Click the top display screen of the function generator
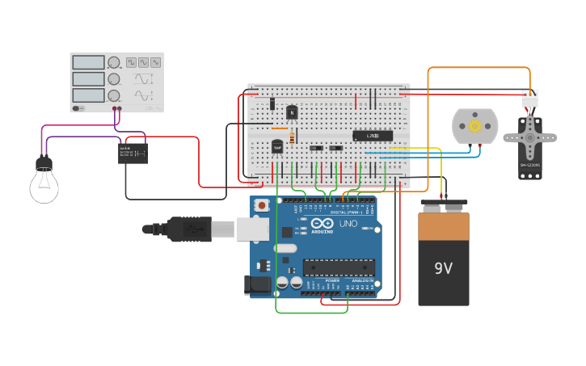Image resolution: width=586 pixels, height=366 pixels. pos(88,62)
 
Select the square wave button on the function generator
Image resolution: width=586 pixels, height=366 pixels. pos(130,62)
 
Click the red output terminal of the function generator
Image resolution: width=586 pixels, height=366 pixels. pos(120,108)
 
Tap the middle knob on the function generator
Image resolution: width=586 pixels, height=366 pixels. pos(114,79)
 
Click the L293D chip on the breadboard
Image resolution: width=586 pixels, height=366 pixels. pos(373,136)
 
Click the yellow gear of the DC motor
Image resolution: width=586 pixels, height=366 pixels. pos(474,126)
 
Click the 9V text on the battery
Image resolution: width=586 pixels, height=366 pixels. pos(443,268)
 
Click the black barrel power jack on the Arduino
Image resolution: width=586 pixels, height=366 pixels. pos(258,284)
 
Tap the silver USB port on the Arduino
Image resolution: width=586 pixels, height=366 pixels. pos(252,229)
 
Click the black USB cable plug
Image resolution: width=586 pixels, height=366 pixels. pos(188,229)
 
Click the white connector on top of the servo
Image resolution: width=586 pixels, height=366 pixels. pos(529,99)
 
